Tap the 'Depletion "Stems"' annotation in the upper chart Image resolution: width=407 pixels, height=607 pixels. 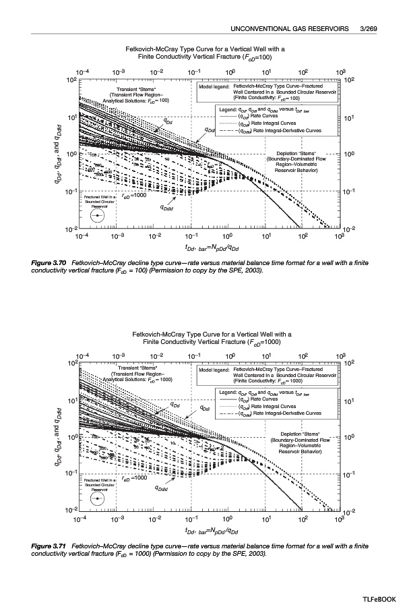[x=296, y=153]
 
